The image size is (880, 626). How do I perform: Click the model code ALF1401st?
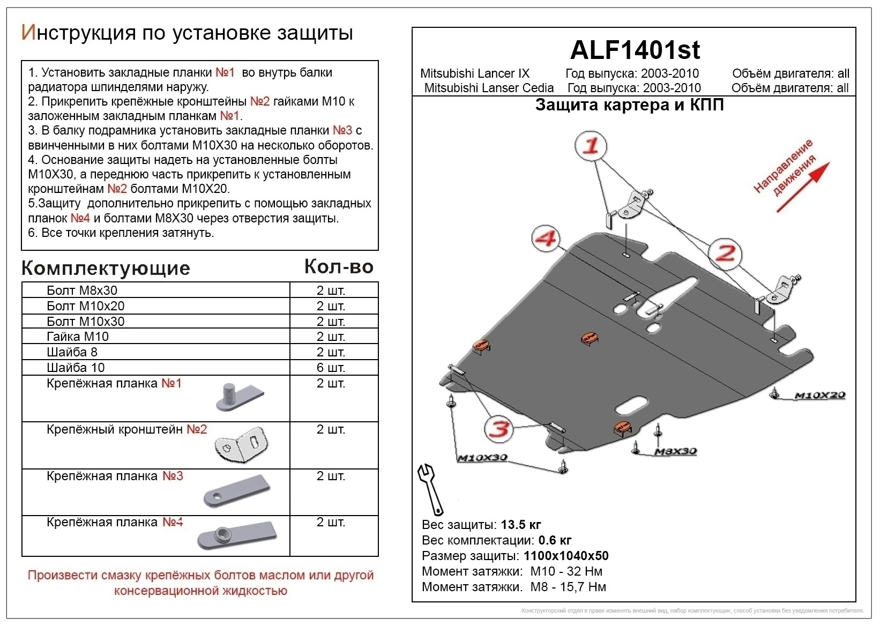click(x=635, y=50)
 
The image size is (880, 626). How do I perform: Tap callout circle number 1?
click(x=591, y=146)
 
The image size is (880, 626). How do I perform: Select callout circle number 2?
click(x=725, y=254)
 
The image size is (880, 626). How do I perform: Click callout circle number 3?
click(x=499, y=429)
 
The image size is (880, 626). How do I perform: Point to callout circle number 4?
click(x=546, y=239)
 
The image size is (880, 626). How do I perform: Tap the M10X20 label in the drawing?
click(x=819, y=396)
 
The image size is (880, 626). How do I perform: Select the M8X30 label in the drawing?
click(x=675, y=451)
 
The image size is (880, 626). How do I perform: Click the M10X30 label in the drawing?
click(x=482, y=458)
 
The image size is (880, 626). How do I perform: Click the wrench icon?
click(x=431, y=489)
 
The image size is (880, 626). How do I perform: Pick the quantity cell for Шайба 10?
click(x=331, y=368)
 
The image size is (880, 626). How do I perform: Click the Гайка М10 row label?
click(x=78, y=337)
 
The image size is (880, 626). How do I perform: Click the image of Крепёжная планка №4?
click(x=236, y=535)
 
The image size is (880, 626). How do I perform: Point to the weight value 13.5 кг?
click(x=521, y=525)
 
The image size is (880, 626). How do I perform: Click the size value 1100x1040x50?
click(x=566, y=556)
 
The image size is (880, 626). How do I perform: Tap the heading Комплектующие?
click(x=106, y=268)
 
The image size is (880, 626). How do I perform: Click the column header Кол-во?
click(x=339, y=266)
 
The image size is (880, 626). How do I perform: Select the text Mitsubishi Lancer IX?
click(x=474, y=74)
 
